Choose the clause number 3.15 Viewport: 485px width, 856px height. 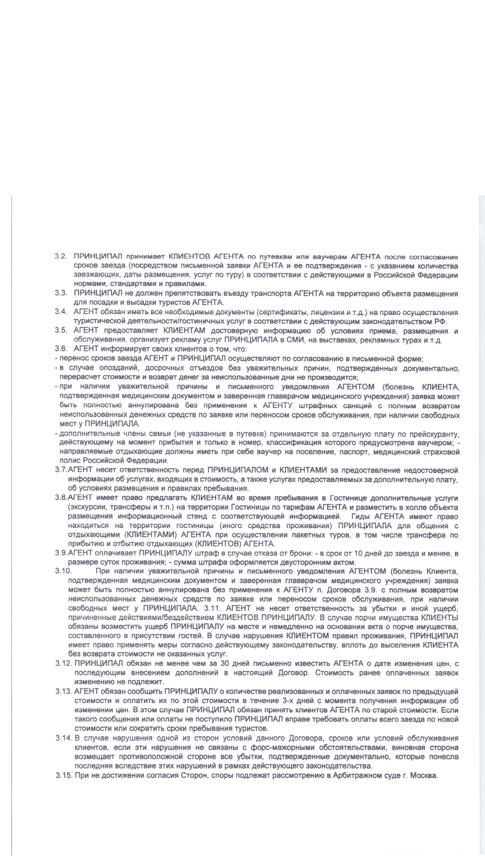pyautogui.click(x=64, y=775)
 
